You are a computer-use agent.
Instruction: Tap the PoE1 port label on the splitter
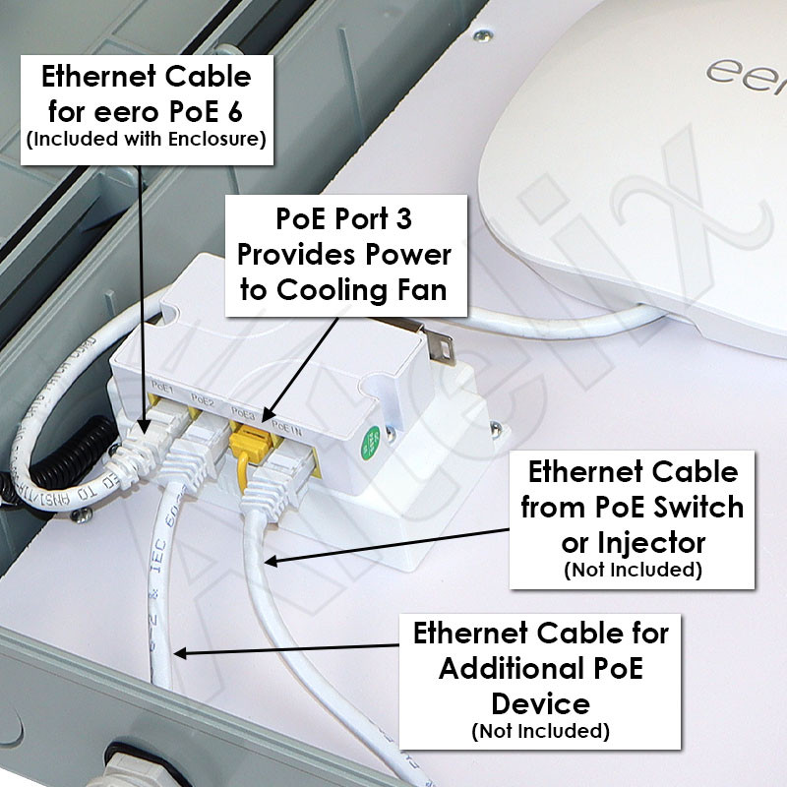point(163,392)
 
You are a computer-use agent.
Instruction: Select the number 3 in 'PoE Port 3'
point(428,223)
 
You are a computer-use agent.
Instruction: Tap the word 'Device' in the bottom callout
point(540,702)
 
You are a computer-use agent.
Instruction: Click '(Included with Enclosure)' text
point(147,140)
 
